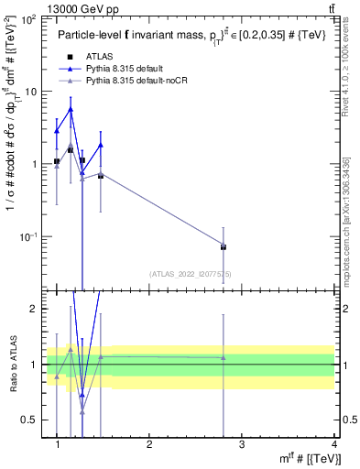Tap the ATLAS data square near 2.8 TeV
click(x=224, y=246)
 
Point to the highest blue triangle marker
click(x=71, y=109)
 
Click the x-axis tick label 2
click(x=149, y=444)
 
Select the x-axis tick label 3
click(x=242, y=444)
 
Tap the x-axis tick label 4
click(x=333, y=444)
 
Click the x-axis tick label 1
click(x=58, y=444)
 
